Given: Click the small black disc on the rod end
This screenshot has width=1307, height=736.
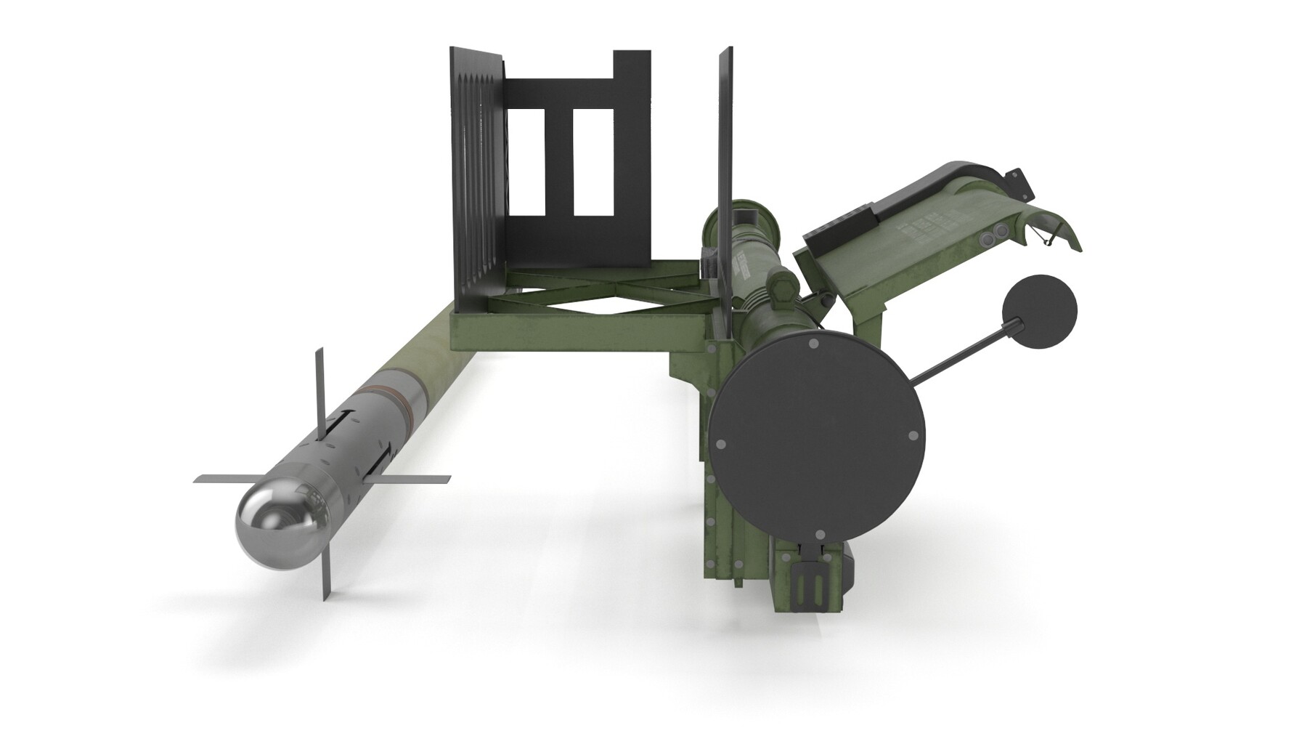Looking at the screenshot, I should click(1039, 312).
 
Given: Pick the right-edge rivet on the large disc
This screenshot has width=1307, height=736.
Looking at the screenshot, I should click(913, 437).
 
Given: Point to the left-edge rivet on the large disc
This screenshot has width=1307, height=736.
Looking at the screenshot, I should click(720, 443).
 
